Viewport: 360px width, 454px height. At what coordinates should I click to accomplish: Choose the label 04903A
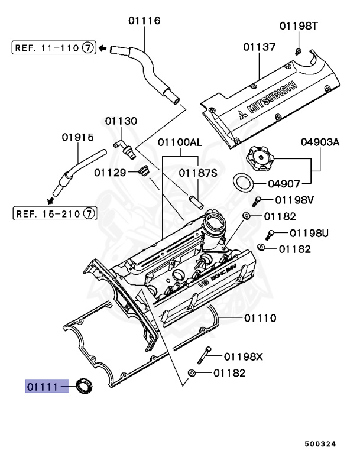(320, 141)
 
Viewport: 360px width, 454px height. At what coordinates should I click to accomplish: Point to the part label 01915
(77, 137)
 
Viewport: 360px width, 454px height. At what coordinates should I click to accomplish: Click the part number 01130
(121, 121)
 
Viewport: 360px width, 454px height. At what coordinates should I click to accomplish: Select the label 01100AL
(180, 142)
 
